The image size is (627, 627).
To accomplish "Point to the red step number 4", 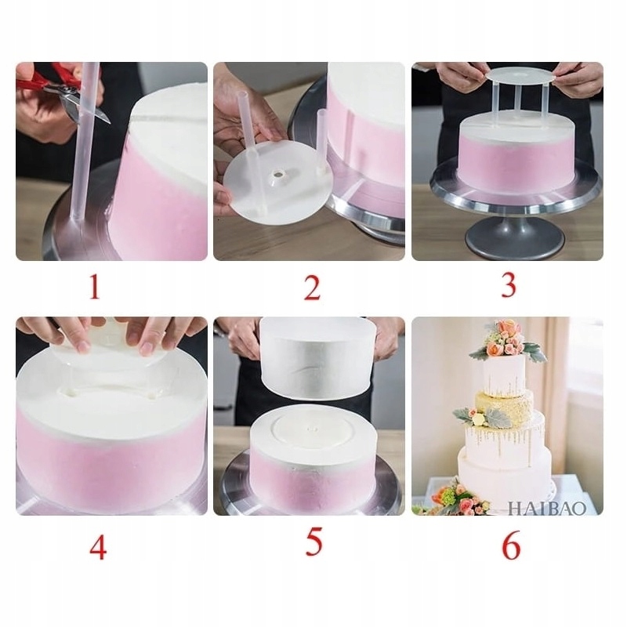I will click(x=97, y=547).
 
